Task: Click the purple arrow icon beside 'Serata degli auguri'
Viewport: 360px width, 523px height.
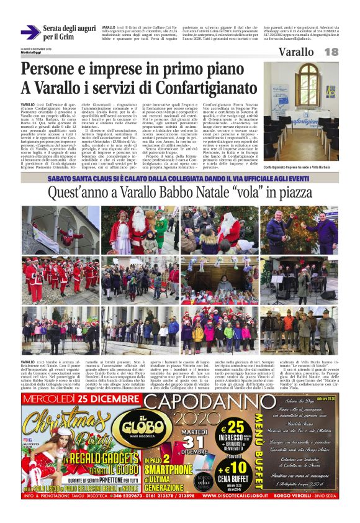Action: pyautogui.click(x=30, y=32)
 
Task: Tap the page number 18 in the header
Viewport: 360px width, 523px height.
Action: pyautogui.click(x=331, y=52)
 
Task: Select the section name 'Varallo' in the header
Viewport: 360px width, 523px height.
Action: pyautogui.click(x=296, y=52)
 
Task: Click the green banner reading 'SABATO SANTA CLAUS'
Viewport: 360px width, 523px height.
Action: pyautogui.click(x=179, y=178)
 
